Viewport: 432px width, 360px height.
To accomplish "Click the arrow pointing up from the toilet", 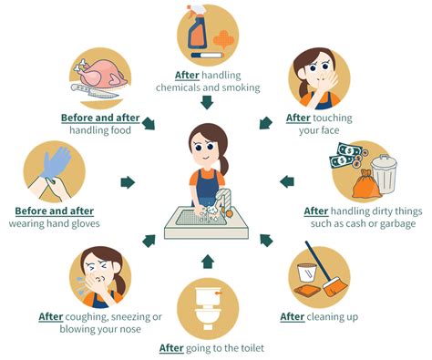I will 209,262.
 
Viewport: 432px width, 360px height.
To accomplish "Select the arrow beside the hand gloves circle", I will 128,182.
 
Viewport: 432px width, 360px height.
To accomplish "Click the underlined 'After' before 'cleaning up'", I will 292,317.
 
